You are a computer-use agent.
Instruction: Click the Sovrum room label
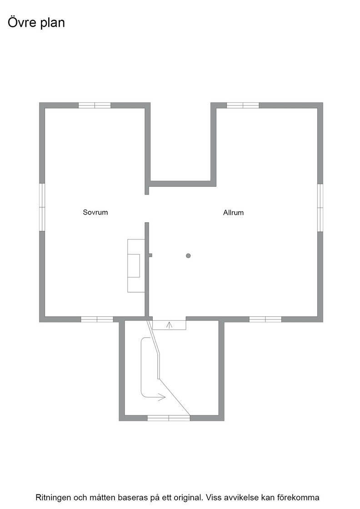(x=95, y=212)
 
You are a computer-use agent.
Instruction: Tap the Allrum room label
(x=233, y=213)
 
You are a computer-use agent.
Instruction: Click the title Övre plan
(x=36, y=23)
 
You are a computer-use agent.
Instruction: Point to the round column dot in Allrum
(x=188, y=256)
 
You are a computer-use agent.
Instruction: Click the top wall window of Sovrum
(x=95, y=105)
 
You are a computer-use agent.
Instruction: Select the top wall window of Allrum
(x=243, y=105)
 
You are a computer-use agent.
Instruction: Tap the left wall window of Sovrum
(x=42, y=207)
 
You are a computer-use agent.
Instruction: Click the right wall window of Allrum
(x=320, y=208)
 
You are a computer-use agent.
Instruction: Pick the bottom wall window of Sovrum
(x=97, y=319)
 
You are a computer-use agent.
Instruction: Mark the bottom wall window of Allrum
(x=265, y=319)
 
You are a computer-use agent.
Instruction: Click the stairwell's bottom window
(x=169, y=418)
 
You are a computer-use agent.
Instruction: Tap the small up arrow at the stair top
(x=169, y=325)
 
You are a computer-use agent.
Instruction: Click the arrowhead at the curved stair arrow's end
(x=162, y=397)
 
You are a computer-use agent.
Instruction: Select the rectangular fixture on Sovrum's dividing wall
(x=136, y=265)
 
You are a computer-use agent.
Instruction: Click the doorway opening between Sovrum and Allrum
(x=147, y=209)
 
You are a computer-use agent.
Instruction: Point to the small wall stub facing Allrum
(x=150, y=255)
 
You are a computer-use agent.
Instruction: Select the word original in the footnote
(x=189, y=498)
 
